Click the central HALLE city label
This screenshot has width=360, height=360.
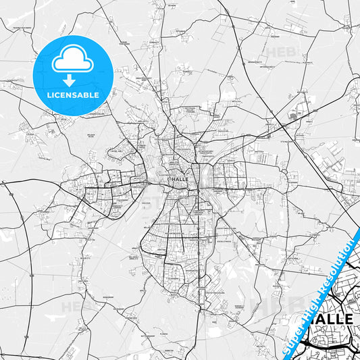point(181,179)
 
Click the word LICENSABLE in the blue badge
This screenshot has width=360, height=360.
point(73,95)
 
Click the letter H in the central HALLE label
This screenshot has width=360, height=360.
point(174,179)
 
